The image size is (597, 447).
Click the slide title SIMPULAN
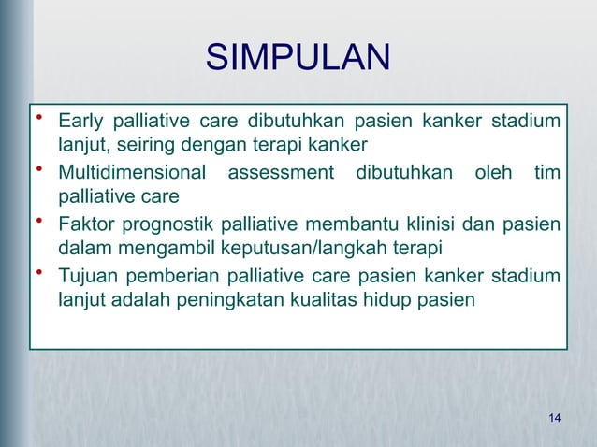(298, 57)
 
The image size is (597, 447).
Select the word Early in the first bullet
(80, 122)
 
